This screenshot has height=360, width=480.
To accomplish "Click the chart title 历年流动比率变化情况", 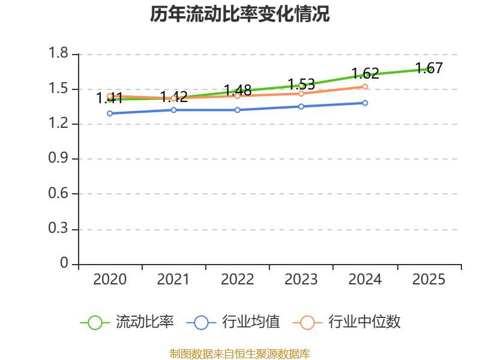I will pyautogui.click(x=240, y=14).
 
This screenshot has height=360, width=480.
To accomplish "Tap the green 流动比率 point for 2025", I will pyautogui.click(x=429, y=69).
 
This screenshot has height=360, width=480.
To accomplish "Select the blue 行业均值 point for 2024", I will pyautogui.click(x=365, y=103).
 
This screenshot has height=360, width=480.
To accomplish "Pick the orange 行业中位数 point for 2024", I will pyautogui.click(x=365, y=86).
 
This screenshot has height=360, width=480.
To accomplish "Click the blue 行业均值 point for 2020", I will pyautogui.click(x=110, y=113).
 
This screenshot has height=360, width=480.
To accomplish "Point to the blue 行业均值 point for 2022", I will pyautogui.click(x=238, y=110).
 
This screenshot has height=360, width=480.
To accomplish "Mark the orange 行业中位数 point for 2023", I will pyautogui.click(x=301, y=93).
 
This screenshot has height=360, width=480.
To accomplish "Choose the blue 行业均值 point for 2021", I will pyautogui.click(x=173, y=110).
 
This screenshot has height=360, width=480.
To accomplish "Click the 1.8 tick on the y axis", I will pyautogui.click(x=59, y=55).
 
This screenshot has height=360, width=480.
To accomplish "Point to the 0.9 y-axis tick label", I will pyautogui.click(x=59, y=159).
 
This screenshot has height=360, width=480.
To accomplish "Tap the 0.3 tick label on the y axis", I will pyautogui.click(x=59, y=229).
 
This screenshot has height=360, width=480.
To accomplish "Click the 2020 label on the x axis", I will pyautogui.click(x=110, y=280).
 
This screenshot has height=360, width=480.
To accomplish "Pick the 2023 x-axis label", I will pyautogui.click(x=301, y=280).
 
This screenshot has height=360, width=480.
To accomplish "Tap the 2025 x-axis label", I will pyautogui.click(x=429, y=280).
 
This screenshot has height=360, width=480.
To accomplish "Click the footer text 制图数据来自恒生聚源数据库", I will pyautogui.click(x=240, y=353).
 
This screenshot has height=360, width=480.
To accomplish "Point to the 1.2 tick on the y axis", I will pyautogui.click(x=59, y=124).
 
